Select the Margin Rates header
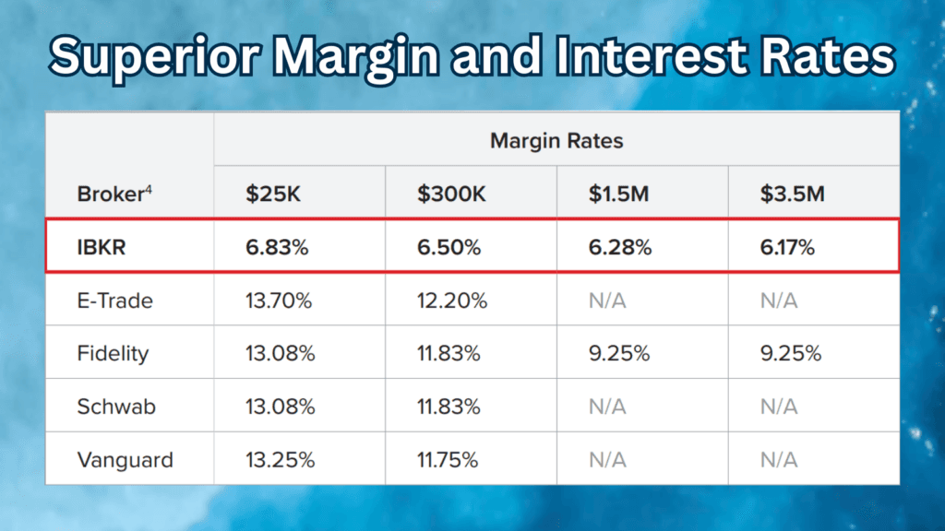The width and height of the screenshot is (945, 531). coord(556,141)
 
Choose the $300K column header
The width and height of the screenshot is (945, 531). coord(450,195)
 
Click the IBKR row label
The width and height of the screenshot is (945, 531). coord(102,248)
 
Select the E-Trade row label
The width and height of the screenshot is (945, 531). coord(115,301)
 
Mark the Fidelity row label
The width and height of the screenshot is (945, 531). coord(113,354)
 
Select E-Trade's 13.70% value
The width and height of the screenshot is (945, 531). coord(281,301)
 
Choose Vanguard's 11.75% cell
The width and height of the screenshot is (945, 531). coord(448,459)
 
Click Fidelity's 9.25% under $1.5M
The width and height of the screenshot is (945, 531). coord(620,354)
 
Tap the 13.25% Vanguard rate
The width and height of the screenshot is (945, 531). coord(281,459)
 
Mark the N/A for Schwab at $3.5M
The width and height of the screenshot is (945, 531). coord(779,407)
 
